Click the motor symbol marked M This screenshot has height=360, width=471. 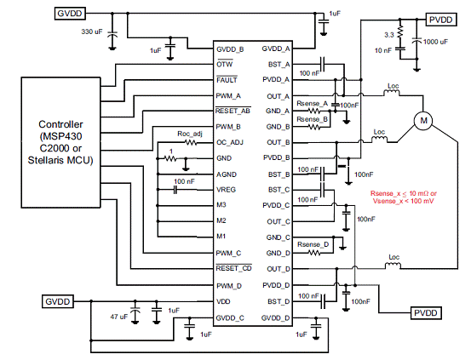(423, 120)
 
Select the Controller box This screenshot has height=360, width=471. (60, 142)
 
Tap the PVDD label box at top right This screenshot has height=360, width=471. (441, 20)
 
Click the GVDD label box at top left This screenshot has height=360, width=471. (69, 14)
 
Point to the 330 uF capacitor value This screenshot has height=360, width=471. (92, 31)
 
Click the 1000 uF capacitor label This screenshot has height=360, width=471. (435, 42)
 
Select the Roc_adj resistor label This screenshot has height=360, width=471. (190, 134)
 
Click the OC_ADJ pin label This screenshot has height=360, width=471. (230, 142)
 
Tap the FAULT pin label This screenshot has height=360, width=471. (227, 80)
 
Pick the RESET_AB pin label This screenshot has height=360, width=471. (233, 111)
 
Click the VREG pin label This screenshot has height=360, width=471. (226, 190)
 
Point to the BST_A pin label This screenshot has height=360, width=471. (279, 65)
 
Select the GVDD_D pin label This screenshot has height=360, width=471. (275, 318)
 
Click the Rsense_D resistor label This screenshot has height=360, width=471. (313, 244)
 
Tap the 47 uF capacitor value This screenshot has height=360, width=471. (119, 317)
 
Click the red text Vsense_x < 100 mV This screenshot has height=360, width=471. (403, 201)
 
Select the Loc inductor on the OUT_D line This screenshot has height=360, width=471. (393, 266)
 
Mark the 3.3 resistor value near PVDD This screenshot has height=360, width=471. (389, 35)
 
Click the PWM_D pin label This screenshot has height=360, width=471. (229, 286)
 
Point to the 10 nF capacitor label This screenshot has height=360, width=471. (383, 50)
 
